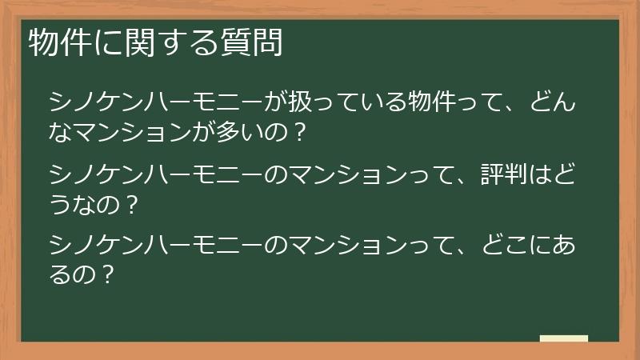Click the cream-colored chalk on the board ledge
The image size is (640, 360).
(563, 338)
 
